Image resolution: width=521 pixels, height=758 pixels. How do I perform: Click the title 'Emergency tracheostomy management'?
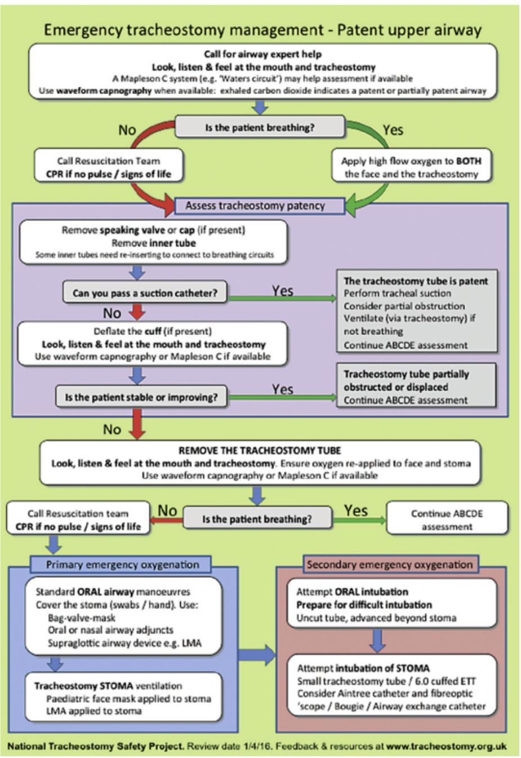pyautogui.click(x=183, y=30)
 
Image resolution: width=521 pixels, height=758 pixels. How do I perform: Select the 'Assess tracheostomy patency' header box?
pyautogui.click(x=255, y=206)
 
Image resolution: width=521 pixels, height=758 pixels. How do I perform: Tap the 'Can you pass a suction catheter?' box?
pyautogui.click(x=145, y=293)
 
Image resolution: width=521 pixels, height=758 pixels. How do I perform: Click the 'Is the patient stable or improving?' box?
pyautogui.click(x=141, y=397)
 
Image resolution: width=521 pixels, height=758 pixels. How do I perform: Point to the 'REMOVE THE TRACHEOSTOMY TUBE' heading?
pyautogui.click(x=259, y=451)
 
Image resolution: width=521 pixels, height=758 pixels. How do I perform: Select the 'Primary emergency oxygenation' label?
pyautogui.click(x=122, y=564)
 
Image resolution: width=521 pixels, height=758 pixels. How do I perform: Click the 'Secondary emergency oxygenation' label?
pyautogui.click(x=389, y=564)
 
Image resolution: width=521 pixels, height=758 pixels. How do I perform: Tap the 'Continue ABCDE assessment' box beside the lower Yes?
pyautogui.click(x=447, y=519)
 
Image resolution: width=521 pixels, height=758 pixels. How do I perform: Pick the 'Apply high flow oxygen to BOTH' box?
pyautogui.click(x=411, y=167)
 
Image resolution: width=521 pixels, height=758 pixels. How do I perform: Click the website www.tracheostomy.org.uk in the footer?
pyautogui.click(x=446, y=746)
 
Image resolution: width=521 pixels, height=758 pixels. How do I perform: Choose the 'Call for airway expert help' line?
pyautogui.click(x=263, y=54)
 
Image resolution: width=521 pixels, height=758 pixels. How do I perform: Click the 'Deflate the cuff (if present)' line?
pyautogui.click(x=152, y=331)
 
